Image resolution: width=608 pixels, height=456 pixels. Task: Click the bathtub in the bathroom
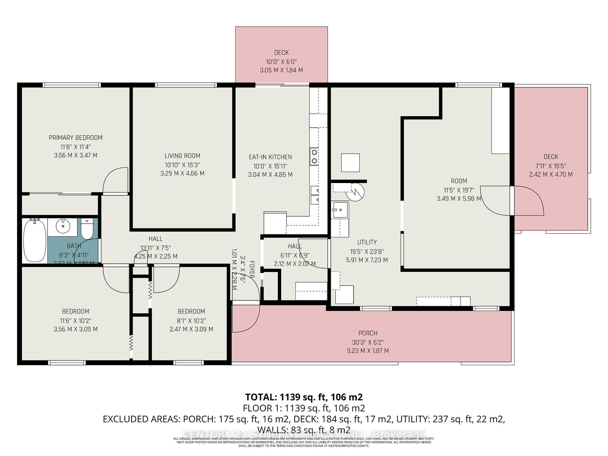click(35, 240)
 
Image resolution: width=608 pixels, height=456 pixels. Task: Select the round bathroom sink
click(63, 226)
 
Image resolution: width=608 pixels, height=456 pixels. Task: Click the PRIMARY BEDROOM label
click(75, 138)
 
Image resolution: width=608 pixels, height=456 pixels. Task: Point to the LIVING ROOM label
click(182, 156)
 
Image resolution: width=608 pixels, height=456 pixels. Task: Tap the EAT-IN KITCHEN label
click(270, 157)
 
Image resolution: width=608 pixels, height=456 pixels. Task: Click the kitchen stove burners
click(314, 156)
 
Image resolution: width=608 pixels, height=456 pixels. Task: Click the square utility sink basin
click(339, 210)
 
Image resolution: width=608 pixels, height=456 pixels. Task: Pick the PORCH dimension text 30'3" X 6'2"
click(368, 342)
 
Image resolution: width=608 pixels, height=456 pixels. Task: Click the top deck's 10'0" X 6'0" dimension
click(281, 62)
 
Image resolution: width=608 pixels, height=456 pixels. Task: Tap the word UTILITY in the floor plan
click(367, 242)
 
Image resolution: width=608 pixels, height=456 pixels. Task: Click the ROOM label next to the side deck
click(459, 181)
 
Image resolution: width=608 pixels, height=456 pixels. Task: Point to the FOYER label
click(252, 269)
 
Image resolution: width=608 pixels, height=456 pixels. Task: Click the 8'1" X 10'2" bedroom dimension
click(191, 320)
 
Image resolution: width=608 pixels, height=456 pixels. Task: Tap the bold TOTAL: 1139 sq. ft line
click(304, 397)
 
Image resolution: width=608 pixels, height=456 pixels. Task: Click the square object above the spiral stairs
click(350, 163)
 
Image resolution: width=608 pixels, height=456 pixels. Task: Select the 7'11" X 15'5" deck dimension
click(551, 166)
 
